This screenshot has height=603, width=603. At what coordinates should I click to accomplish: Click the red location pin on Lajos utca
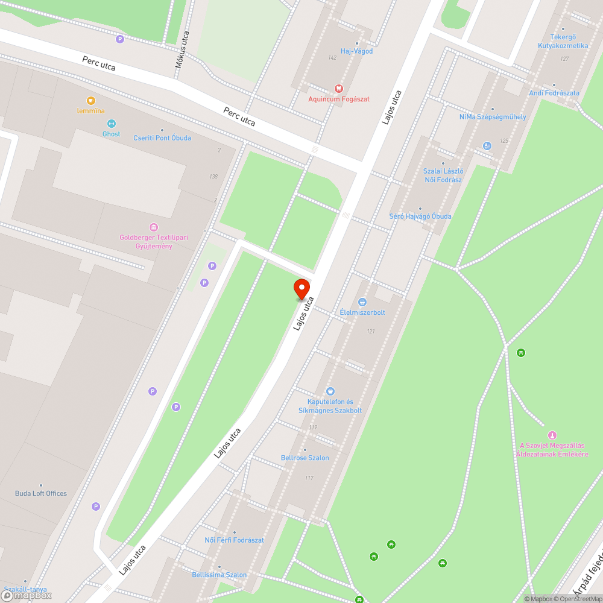coord(301,288)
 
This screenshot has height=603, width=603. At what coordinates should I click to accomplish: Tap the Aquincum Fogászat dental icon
coord(338,88)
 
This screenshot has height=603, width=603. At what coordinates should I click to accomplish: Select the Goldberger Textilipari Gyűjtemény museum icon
coord(154,227)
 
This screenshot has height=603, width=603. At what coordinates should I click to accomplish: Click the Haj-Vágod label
coord(357,51)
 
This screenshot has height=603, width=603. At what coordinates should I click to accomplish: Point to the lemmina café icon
coord(91,101)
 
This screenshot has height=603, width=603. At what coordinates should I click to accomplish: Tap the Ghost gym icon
coord(111,124)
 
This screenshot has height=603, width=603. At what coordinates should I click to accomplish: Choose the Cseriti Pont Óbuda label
coord(162,137)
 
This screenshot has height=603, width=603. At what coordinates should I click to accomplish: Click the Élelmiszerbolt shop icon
coord(362,301)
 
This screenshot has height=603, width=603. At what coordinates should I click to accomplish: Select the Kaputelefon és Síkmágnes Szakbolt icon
coord(330,391)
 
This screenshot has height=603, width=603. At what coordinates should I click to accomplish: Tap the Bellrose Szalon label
coord(305,458)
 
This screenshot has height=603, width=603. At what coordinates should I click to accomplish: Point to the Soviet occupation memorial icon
coord(551,435)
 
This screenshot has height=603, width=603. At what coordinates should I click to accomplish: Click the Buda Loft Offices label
coord(41,493)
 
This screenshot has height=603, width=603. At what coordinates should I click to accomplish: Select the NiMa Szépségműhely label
coord(493,116)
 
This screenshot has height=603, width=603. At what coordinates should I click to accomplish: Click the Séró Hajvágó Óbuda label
coord(420,216)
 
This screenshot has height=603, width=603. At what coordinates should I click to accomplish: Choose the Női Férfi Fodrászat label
coord(235,540)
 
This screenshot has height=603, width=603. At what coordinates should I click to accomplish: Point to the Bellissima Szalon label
coord(219,575)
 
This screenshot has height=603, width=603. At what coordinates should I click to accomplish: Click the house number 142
coord(332,57)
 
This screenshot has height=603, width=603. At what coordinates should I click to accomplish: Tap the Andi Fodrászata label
coord(554,93)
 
